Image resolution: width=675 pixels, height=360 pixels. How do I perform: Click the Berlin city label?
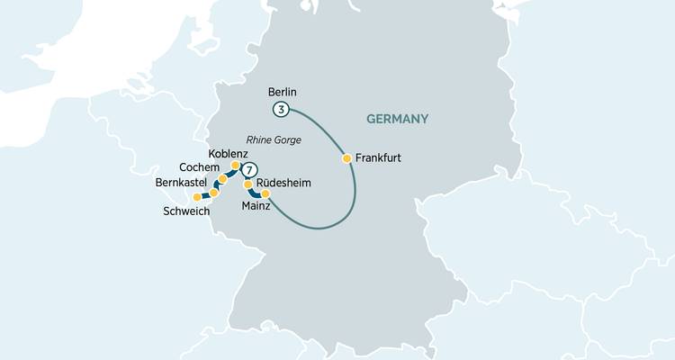(283, 93)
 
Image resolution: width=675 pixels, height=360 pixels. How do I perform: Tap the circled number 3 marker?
(281, 110)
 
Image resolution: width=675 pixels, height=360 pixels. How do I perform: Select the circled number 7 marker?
(249, 168)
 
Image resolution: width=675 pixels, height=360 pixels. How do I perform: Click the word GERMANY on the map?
(397, 119)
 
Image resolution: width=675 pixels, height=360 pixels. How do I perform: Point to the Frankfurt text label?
(378, 158)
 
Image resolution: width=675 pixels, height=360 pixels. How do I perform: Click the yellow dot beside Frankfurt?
(346, 158)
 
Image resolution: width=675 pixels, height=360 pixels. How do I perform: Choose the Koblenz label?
(229, 154)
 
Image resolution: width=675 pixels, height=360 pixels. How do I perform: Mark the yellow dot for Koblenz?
(236, 166)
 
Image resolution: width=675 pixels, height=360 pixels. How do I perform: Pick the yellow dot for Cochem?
(222, 178)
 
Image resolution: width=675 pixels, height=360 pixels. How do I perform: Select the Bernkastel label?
(183, 183)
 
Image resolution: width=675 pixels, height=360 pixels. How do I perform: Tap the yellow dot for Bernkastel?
(213, 192)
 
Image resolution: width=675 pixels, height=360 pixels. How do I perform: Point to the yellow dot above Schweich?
(197, 196)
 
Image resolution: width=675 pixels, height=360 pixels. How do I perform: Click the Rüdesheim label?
(284, 184)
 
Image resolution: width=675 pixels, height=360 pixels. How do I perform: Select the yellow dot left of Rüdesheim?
(248, 184)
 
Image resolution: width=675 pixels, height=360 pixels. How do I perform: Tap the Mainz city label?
(259, 206)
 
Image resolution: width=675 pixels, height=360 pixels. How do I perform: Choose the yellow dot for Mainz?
(265, 193)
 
